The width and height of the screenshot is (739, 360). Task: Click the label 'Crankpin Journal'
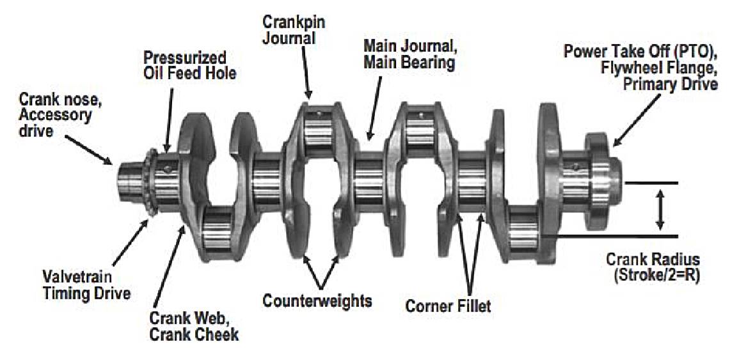coord(294,29)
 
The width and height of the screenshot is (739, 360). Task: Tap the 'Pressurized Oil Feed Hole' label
coord(190,65)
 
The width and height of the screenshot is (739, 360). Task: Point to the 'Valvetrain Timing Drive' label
coord(86,284)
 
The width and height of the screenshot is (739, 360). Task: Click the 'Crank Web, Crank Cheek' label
coord(194,325)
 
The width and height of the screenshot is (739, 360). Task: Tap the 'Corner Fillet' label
coord(448,306)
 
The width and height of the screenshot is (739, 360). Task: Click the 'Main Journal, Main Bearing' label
coord(410,54)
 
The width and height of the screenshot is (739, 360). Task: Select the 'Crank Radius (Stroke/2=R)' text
coord(653,267)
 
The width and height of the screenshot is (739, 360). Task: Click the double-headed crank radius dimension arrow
coord(660,210)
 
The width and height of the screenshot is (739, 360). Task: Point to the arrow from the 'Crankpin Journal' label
coord(305,72)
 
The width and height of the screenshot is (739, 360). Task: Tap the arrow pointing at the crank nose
coord(88,150)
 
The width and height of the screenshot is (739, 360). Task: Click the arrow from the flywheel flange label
coord(637,120)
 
